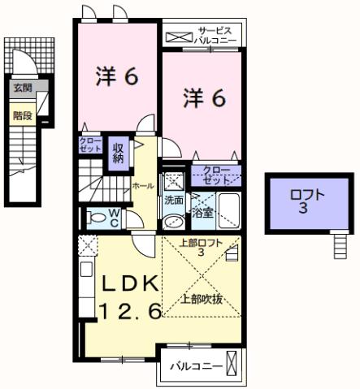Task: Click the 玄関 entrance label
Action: coord(21,88)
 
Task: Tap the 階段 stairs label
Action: coord(21,115)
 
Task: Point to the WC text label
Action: coord(115,218)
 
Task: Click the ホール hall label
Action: coord(143,186)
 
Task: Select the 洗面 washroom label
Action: coord(174,200)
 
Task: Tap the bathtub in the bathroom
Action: coord(228,212)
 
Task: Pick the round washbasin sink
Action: coord(172,220)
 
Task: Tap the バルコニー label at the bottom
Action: coord(196,366)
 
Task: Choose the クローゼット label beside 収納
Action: coord(90,144)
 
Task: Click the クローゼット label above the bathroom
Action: coord(216,175)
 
